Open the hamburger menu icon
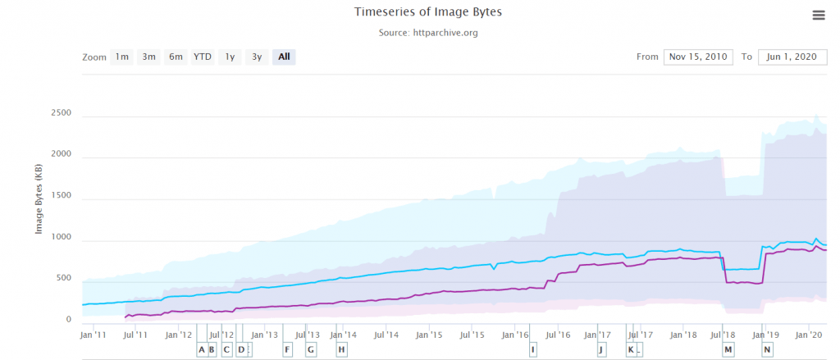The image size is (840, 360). pyautogui.click(x=818, y=15)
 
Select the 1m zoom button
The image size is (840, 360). pyautogui.click(x=121, y=57)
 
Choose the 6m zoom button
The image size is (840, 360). pyautogui.click(x=176, y=57)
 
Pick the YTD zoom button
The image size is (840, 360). pyautogui.click(x=203, y=57)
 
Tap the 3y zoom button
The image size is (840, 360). pyautogui.click(x=257, y=57)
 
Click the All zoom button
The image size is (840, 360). pyautogui.click(x=284, y=57)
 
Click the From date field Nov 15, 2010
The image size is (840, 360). pyautogui.click(x=696, y=57)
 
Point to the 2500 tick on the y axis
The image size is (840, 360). pyautogui.click(x=62, y=113)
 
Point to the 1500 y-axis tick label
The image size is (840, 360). pyautogui.click(x=62, y=198)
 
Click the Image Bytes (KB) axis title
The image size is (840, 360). pyautogui.click(x=39, y=198)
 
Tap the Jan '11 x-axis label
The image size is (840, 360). pyautogui.click(x=93, y=334)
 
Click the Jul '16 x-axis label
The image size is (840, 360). pyautogui.click(x=558, y=334)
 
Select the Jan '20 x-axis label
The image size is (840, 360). pyautogui.click(x=810, y=334)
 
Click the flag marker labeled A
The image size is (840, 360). pyautogui.click(x=202, y=349)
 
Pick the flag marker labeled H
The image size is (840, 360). pyautogui.click(x=341, y=349)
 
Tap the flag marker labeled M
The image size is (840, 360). pyautogui.click(x=728, y=349)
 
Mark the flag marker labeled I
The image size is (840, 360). pyautogui.click(x=533, y=349)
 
